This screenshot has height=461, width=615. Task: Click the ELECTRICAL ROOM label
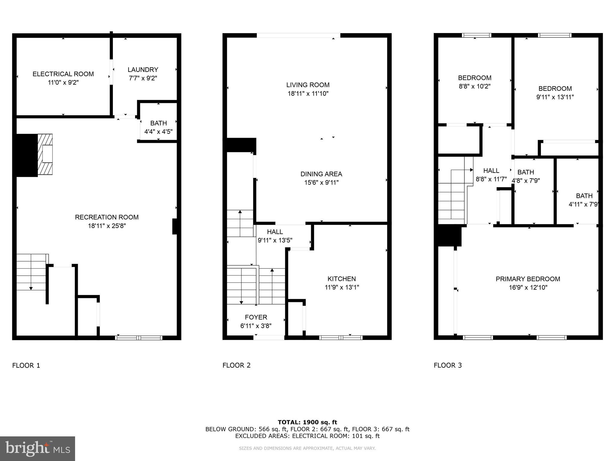coord(63,74)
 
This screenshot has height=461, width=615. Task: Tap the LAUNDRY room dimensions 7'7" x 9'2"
coord(143,78)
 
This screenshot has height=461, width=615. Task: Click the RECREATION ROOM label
coord(107,217)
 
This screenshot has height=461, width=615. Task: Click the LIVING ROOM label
coord(308,85)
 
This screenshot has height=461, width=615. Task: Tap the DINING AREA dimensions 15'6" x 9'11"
coord(321,182)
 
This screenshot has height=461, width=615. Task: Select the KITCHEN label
coord(341,279)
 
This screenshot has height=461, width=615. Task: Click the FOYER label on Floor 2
coord(256,317)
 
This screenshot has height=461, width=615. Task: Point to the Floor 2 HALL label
coord(275,232)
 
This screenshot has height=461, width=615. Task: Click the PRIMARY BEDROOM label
coord(528,279)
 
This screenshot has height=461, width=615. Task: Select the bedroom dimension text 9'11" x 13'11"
coord(555,97)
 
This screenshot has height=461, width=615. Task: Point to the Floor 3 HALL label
coord(491,171)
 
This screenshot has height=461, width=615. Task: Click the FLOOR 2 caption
coord(236,365)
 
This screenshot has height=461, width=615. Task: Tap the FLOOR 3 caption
coord(447,365)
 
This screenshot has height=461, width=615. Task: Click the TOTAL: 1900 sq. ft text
coord(307,422)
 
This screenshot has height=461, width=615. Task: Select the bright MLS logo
coord(38,449)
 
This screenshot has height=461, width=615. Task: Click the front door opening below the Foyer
coord(269,338)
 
